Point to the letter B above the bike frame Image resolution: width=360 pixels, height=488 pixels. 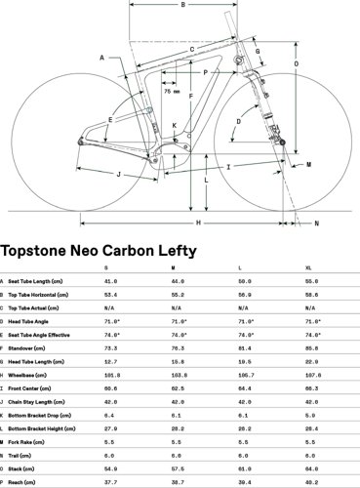(181, 6)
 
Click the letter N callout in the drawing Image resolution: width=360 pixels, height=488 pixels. (314, 224)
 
